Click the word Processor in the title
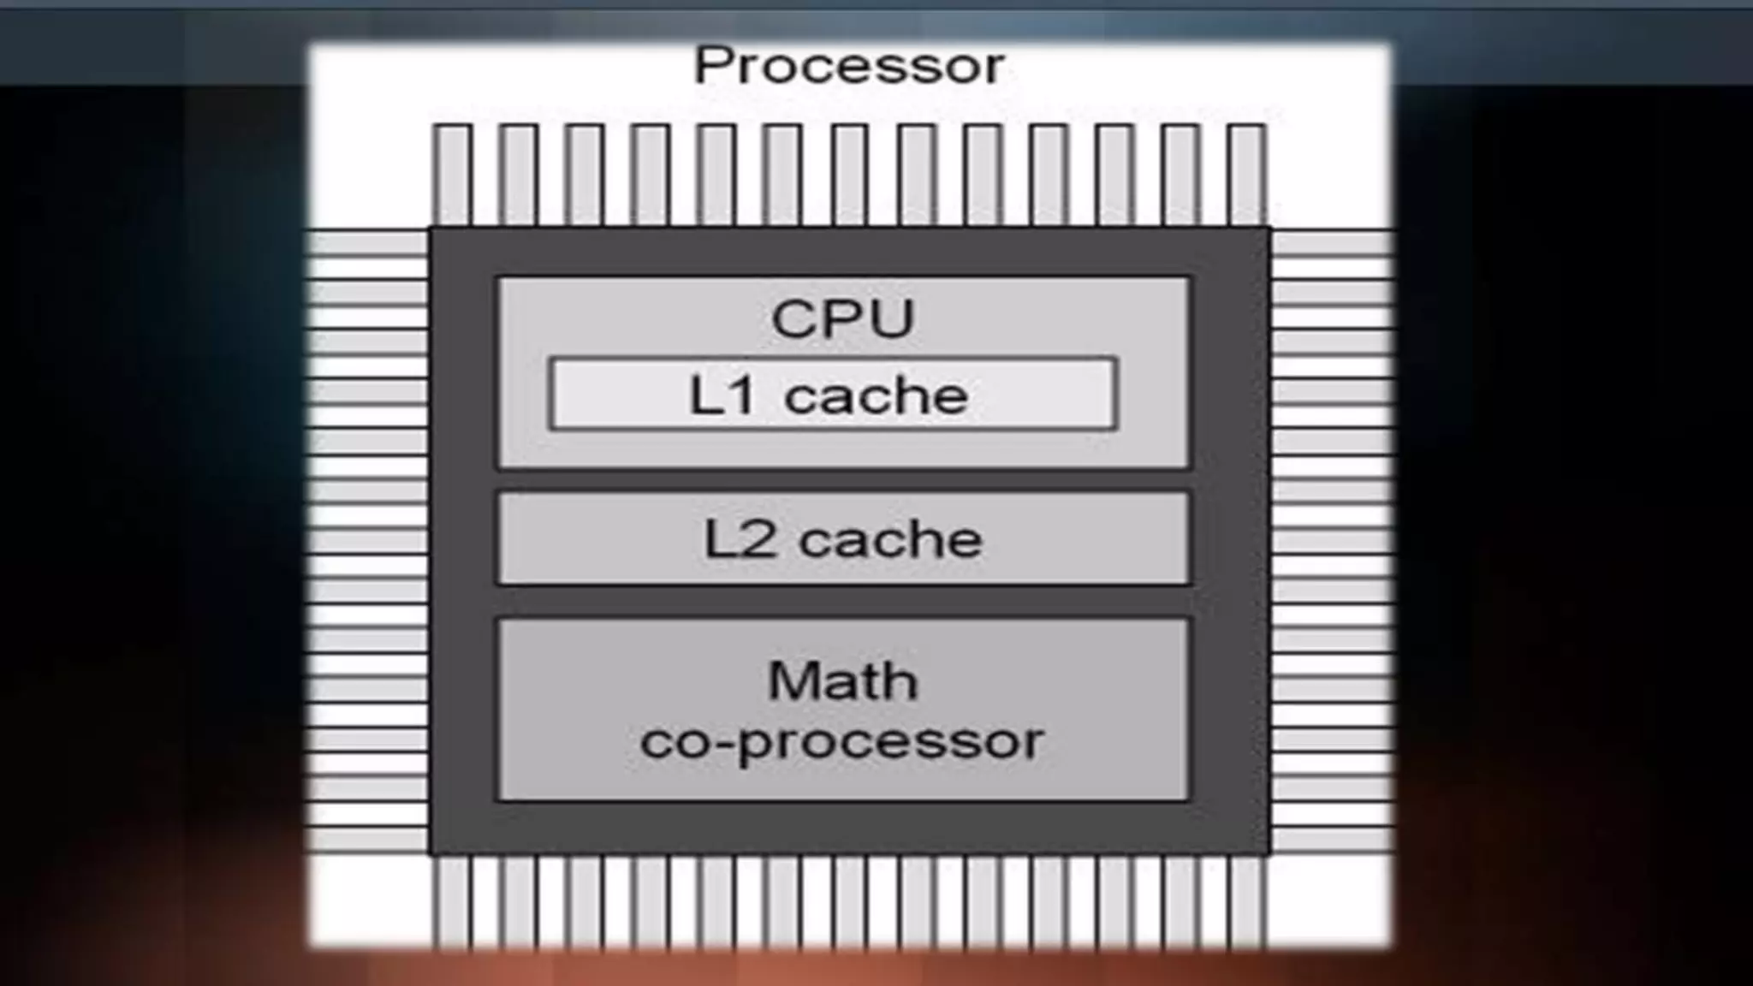849,66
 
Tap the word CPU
843,318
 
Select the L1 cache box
833,395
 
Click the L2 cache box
843,538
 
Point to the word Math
843,681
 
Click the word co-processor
842,740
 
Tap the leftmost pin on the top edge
452,175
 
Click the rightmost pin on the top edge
1246,175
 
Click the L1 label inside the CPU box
722,395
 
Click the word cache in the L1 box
876,395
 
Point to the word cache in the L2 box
890,539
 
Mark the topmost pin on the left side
368,244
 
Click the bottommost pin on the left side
368,840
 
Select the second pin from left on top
518,175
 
